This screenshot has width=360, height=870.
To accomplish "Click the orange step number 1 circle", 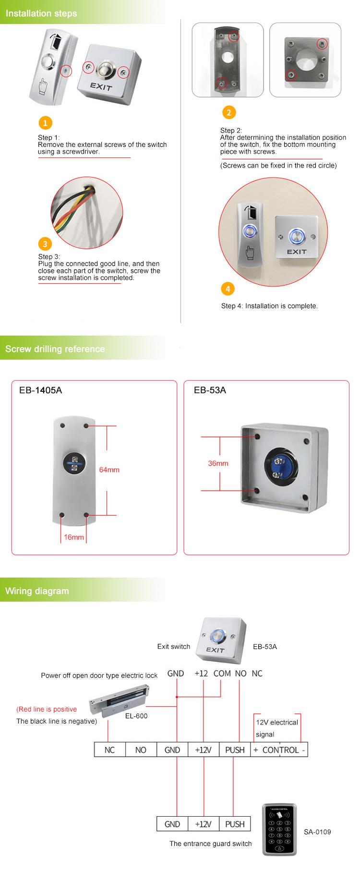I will (45, 123).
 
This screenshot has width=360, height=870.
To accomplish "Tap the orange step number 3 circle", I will (45, 243).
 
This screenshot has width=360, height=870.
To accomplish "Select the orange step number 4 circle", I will (228, 289).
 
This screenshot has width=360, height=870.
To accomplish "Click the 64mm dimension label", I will (109, 470).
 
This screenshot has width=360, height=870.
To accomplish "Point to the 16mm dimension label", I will (74, 537).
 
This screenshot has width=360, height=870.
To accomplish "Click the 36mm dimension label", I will (218, 463).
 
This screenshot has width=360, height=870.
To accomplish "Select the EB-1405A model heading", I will (40, 390).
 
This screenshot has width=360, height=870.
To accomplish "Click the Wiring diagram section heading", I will (37, 591).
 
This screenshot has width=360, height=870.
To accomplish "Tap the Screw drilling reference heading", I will (55, 349).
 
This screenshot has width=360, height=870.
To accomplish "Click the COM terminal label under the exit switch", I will (222, 674).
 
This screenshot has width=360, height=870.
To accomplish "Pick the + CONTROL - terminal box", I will (279, 750).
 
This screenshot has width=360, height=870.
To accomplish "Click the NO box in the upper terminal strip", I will (141, 750).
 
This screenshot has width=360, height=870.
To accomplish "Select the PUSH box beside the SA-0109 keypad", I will (235, 824).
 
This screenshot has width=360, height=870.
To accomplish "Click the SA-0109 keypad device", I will (279, 830).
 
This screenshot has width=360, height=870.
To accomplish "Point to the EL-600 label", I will (136, 716).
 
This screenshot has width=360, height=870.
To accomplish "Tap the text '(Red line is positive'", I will (47, 709).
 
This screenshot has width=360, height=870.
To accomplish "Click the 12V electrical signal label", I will (276, 728).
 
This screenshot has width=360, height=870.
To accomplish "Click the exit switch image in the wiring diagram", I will (223, 638).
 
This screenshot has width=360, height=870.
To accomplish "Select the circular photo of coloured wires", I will (87, 213).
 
